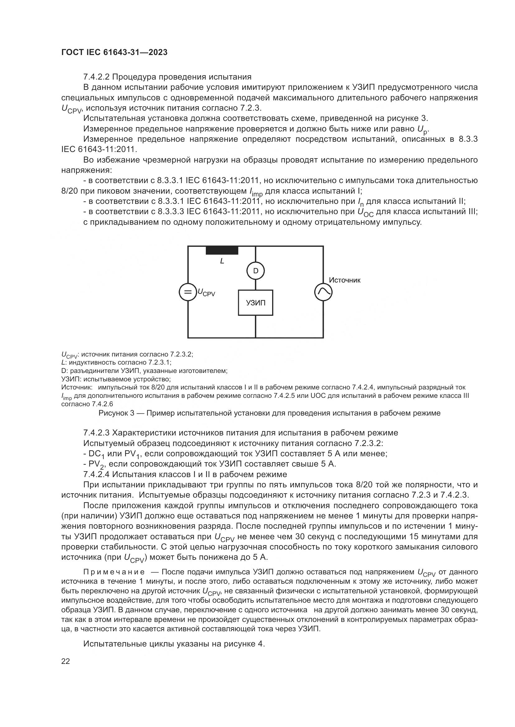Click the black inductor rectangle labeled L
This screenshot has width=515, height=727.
pyautogui.click(x=222, y=250)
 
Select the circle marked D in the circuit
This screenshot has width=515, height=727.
pyautogui.click(x=256, y=271)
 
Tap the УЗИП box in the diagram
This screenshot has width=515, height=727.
pyautogui.click(x=256, y=303)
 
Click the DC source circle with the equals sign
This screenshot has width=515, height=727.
pyautogui.click(x=188, y=292)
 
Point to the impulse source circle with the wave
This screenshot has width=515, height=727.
pyautogui.click(x=324, y=292)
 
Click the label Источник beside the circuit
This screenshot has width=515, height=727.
pyautogui.click(x=345, y=280)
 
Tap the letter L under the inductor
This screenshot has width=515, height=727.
pyautogui.click(x=222, y=261)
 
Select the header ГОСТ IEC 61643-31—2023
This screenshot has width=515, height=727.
pyautogui.click(x=115, y=52)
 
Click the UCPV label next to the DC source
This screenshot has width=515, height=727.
pyautogui.click(x=206, y=292)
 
